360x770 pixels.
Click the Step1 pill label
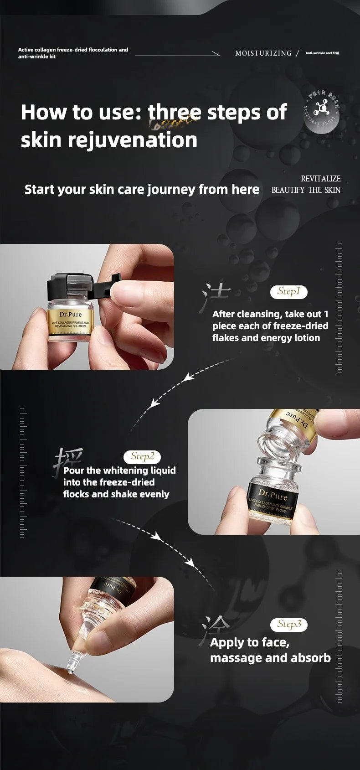click(289, 292)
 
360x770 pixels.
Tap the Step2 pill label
click(142, 456)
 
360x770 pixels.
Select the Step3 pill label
click(289, 624)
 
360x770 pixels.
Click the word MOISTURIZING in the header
click(263, 53)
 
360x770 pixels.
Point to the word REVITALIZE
click(320, 179)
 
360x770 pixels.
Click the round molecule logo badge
click(322, 114)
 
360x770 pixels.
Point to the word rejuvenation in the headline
click(133, 140)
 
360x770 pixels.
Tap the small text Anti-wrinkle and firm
click(322, 53)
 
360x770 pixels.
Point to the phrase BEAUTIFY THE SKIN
click(306, 190)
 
